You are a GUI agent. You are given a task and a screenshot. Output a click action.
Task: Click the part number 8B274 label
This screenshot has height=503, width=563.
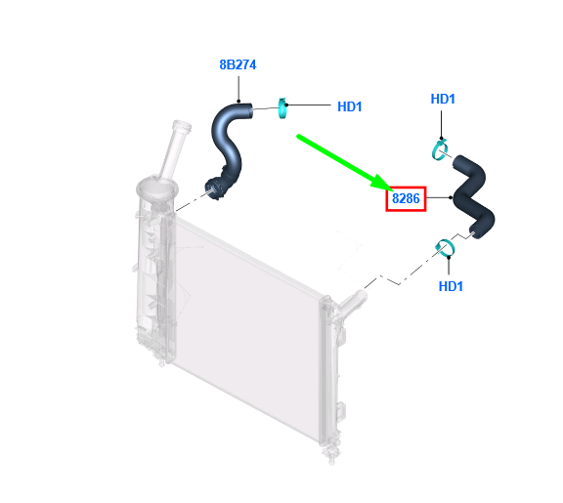238,64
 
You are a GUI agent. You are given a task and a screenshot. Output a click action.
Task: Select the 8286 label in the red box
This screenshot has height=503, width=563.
406,198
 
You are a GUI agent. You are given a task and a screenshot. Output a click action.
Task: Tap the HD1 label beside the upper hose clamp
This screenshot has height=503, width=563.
349,106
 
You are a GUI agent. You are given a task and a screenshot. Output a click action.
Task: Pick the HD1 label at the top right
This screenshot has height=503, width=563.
443,99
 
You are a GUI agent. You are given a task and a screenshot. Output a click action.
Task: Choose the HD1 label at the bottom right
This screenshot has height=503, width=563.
451,286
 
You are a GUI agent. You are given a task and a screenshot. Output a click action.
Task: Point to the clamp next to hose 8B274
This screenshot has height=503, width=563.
282,107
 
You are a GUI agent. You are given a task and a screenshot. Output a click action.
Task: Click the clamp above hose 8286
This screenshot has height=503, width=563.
440,150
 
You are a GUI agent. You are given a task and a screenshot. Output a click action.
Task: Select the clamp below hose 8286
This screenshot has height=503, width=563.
445,248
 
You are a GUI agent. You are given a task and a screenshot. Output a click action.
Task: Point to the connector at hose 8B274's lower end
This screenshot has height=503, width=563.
214,188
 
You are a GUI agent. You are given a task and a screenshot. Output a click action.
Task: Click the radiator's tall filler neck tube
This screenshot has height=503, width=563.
175,149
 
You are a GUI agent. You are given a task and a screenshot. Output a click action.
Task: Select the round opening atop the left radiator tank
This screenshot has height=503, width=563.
157,188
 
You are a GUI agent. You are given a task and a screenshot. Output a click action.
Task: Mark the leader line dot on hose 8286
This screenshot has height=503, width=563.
451,197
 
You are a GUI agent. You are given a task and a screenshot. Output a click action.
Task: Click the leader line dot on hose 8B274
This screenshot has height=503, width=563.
238,101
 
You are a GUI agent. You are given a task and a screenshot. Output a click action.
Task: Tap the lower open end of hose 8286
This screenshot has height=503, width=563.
474,232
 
